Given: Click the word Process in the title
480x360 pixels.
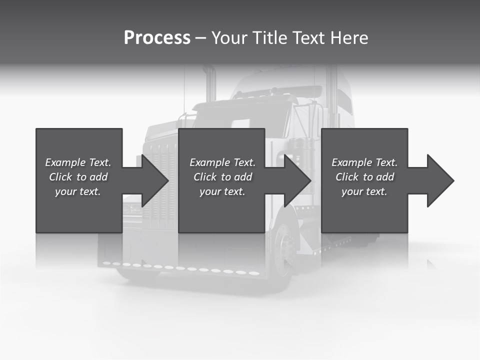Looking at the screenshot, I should click(x=157, y=38).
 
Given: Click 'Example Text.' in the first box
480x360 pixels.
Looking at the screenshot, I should click(x=78, y=162).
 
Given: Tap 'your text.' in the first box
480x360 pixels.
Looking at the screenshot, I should click(x=78, y=191).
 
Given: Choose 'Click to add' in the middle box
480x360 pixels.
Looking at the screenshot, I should click(x=222, y=177).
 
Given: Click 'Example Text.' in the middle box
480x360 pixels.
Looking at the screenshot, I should click(x=222, y=162).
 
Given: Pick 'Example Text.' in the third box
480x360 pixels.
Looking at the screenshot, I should click(x=364, y=162).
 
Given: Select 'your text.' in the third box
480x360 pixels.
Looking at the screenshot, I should click(x=364, y=191).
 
